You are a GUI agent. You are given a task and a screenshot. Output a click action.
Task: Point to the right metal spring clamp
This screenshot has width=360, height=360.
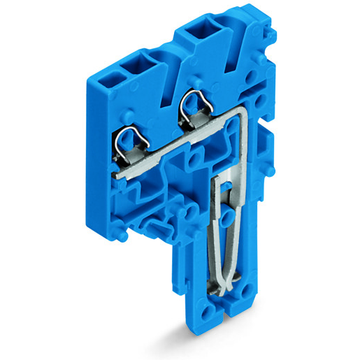tap(194, 106)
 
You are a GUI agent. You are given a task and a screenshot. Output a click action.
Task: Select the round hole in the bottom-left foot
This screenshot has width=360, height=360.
tap(208, 312)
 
